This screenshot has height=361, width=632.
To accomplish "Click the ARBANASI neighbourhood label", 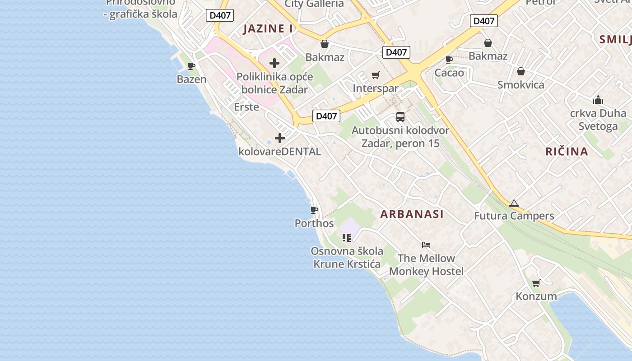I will (412, 214).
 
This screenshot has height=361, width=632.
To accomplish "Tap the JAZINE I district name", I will (268, 29).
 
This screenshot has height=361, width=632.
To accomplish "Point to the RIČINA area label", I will (567, 152).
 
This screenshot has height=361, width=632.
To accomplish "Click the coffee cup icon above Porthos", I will (314, 210).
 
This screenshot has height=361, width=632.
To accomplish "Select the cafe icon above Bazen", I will (191, 66).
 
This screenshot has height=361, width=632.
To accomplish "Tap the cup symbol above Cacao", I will (449, 60).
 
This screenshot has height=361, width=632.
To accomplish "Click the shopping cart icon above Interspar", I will (375, 75).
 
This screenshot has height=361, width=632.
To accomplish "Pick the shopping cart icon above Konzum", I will (536, 283).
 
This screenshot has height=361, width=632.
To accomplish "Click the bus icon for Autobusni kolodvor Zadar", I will (400, 117).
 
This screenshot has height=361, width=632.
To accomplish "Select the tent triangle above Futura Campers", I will (514, 204).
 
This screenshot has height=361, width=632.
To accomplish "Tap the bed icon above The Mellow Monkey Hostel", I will (426, 245).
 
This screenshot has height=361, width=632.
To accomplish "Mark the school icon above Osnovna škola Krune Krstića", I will (347, 237).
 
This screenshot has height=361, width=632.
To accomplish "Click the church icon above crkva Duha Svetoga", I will (598, 100).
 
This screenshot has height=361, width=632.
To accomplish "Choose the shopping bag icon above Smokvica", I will (521, 71).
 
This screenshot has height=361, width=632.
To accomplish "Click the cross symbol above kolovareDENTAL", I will (280, 138).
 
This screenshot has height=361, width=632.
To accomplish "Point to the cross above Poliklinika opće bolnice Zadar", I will (274, 63).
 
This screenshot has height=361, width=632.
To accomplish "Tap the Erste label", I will (246, 107).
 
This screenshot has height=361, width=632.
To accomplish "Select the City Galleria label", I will (314, 4).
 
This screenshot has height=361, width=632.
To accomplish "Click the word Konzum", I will (536, 296).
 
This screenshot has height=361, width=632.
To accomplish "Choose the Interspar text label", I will (375, 88).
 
